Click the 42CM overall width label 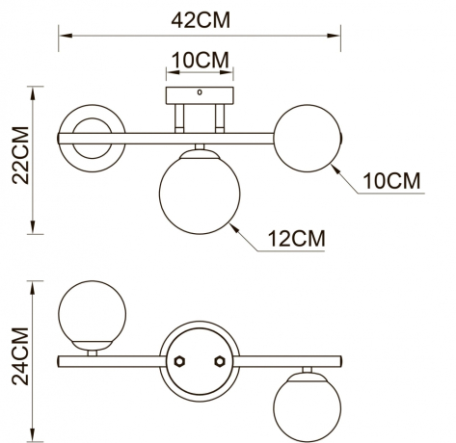click(x=201, y=18)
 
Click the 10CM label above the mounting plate click(x=200, y=60)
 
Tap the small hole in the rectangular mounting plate click(x=200, y=94)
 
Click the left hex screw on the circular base click(x=179, y=362)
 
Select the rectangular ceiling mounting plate click(x=200, y=97)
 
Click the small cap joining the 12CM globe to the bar click(x=198, y=149)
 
